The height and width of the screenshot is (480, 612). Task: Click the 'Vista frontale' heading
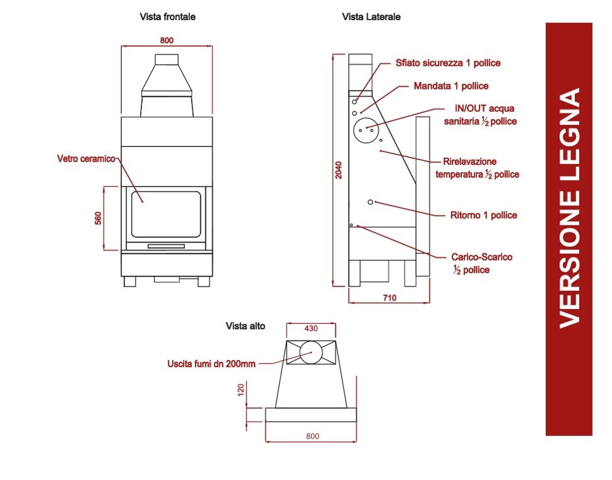click(x=167, y=17)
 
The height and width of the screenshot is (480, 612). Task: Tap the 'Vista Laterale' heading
click(x=371, y=17)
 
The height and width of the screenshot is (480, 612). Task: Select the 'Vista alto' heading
click(x=245, y=325)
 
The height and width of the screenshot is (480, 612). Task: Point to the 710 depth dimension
click(x=389, y=298)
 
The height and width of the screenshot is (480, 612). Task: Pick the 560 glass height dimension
click(x=98, y=218)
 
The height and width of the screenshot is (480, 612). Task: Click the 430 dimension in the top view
click(x=311, y=328)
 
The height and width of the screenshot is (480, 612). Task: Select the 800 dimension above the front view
click(x=167, y=40)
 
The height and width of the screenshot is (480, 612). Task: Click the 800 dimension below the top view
click(x=312, y=436)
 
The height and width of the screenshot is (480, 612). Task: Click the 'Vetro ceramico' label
click(x=86, y=159)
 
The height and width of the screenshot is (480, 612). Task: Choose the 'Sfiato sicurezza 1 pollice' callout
click(x=448, y=63)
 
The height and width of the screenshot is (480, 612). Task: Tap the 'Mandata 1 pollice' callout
click(x=451, y=85)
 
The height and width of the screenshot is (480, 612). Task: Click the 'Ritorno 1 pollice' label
click(x=484, y=215)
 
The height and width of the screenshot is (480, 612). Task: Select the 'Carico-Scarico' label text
click(x=481, y=257)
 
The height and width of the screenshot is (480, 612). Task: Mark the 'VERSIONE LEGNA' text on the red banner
click(x=569, y=207)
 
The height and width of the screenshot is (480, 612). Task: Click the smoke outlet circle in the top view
click(x=310, y=353)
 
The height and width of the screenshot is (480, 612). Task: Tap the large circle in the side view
click(x=366, y=129)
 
